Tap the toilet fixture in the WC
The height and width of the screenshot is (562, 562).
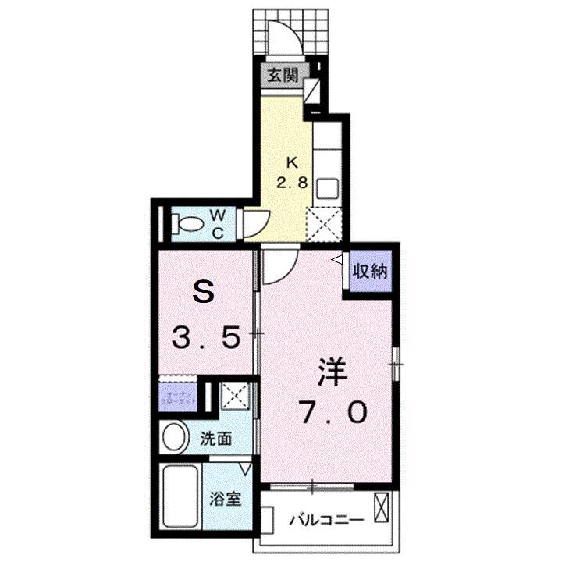[x=187, y=224]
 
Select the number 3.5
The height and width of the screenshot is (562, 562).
[x=205, y=340]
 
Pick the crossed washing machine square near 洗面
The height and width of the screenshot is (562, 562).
[x=235, y=396]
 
